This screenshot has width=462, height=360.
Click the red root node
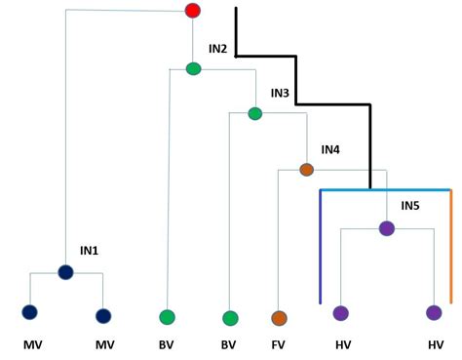193,11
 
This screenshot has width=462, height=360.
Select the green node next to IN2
193,68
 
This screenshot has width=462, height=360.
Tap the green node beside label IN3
255,113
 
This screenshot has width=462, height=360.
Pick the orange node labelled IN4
306,170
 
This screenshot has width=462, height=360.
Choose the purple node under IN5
386,228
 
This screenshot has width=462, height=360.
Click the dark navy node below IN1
65,272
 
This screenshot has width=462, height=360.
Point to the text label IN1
89,251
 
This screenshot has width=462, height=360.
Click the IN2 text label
217,49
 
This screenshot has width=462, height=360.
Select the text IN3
280,93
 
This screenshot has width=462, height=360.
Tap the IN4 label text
330,150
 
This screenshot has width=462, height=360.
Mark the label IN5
409,207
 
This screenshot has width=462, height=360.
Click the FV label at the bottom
279,344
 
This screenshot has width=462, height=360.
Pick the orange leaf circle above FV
279,317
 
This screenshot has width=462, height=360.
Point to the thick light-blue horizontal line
385,190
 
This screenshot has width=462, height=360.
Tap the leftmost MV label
32,344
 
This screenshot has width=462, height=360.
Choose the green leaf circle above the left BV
167,317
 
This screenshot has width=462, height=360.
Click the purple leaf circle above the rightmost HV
434,313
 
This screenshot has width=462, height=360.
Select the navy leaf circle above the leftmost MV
29,312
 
